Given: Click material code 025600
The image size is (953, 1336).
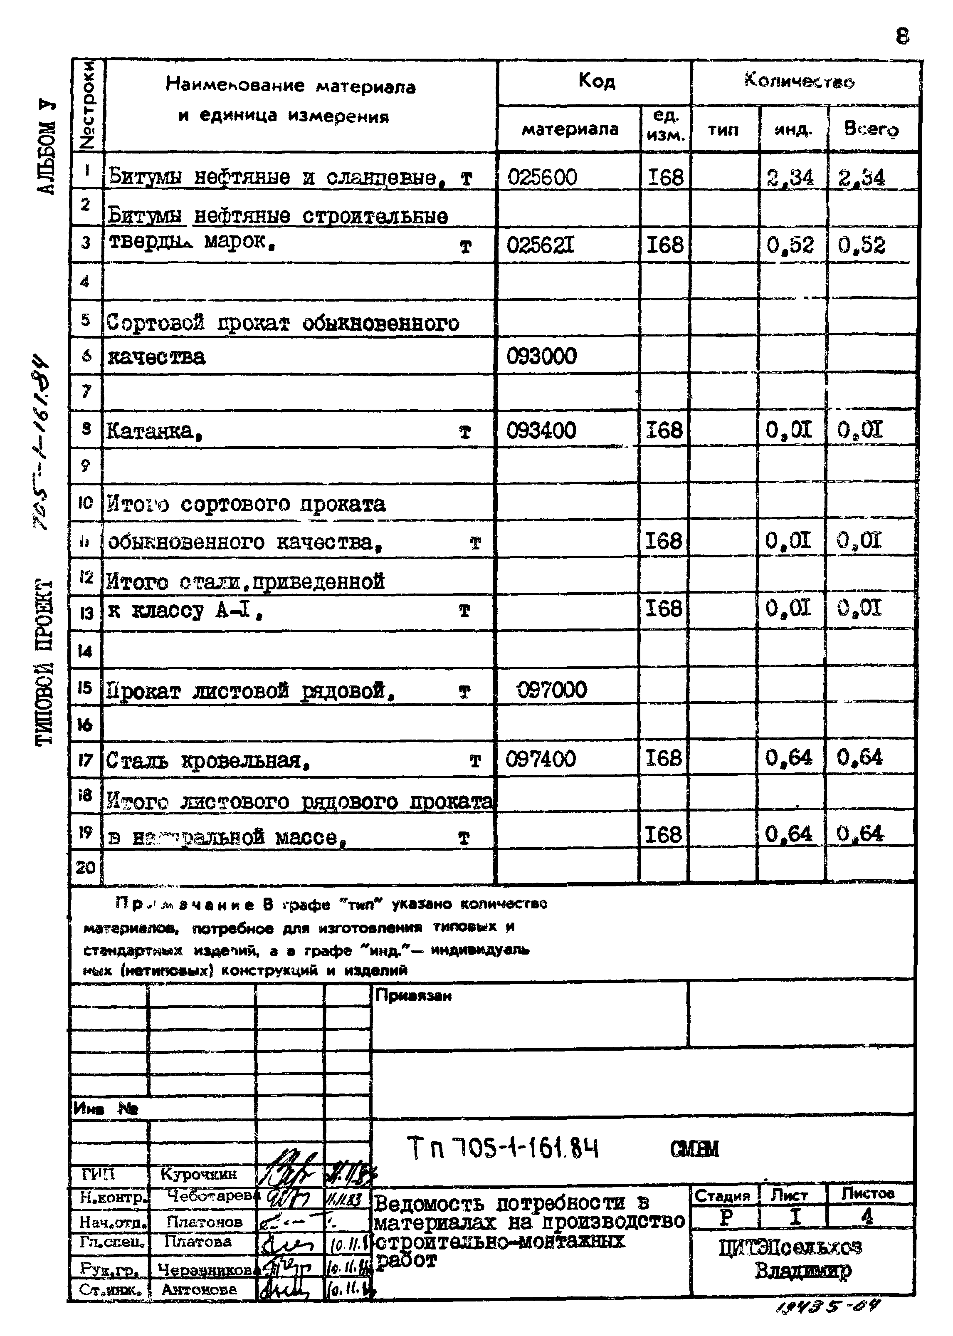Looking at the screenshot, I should [542, 177].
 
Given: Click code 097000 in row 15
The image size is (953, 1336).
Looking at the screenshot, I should [552, 689].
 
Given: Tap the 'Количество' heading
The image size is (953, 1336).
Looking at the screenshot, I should [799, 80].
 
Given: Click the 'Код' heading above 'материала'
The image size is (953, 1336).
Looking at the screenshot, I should [596, 80].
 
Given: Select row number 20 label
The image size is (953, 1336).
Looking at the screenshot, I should [86, 867].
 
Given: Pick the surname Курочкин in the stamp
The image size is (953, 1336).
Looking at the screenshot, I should [198, 1173].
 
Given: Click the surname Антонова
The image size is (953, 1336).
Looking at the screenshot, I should [198, 1290].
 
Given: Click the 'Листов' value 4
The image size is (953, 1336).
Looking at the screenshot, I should [867, 1216].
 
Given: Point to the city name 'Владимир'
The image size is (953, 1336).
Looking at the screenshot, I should [802, 1270].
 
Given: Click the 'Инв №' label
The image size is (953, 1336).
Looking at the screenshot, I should [106, 1108].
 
